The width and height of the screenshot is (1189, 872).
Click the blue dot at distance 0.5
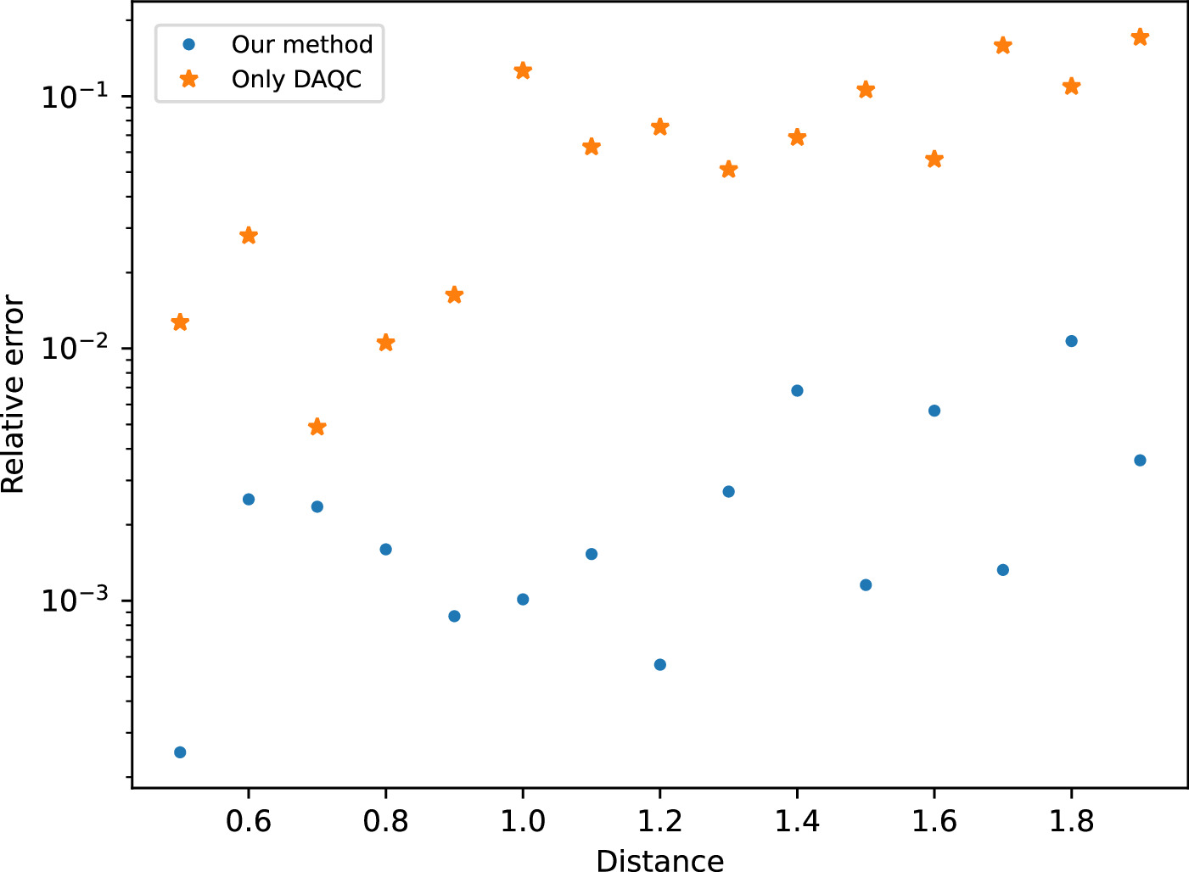click(180, 752)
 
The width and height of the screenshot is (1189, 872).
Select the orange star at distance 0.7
click(317, 427)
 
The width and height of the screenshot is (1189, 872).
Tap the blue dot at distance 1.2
click(660, 664)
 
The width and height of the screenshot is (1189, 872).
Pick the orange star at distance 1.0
click(523, 70)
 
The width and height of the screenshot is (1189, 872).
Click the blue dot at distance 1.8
click(1071, 341)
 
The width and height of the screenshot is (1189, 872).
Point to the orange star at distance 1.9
click(1140, 37)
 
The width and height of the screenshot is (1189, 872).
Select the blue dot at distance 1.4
click(797, 391)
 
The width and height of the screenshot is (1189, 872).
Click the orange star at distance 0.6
click(249, 236)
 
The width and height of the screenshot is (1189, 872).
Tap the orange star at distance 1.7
click(1003, 45)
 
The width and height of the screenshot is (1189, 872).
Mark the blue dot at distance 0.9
click(454, 616)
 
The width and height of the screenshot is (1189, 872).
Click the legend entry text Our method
click(302, 44)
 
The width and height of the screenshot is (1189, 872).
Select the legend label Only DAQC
click(296, 80)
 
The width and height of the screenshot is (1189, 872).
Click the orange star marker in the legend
click(189, 79)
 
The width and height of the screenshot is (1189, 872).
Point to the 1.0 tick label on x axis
click(523, 821)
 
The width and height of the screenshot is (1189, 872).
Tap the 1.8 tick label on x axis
click(1071, 821)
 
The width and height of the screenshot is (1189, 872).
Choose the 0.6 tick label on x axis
click(249, 821)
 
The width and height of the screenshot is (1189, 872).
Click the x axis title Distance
click(660, 859)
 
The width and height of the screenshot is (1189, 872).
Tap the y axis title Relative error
click(14, 394)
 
